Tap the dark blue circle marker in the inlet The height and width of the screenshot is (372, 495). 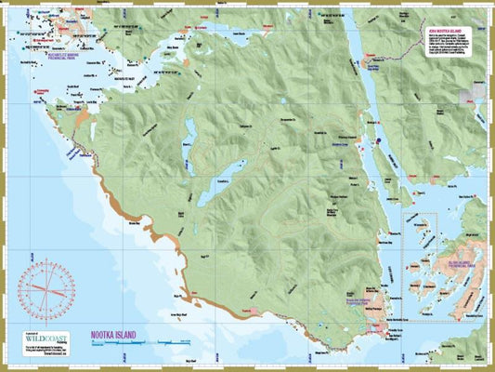pos(380,139)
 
